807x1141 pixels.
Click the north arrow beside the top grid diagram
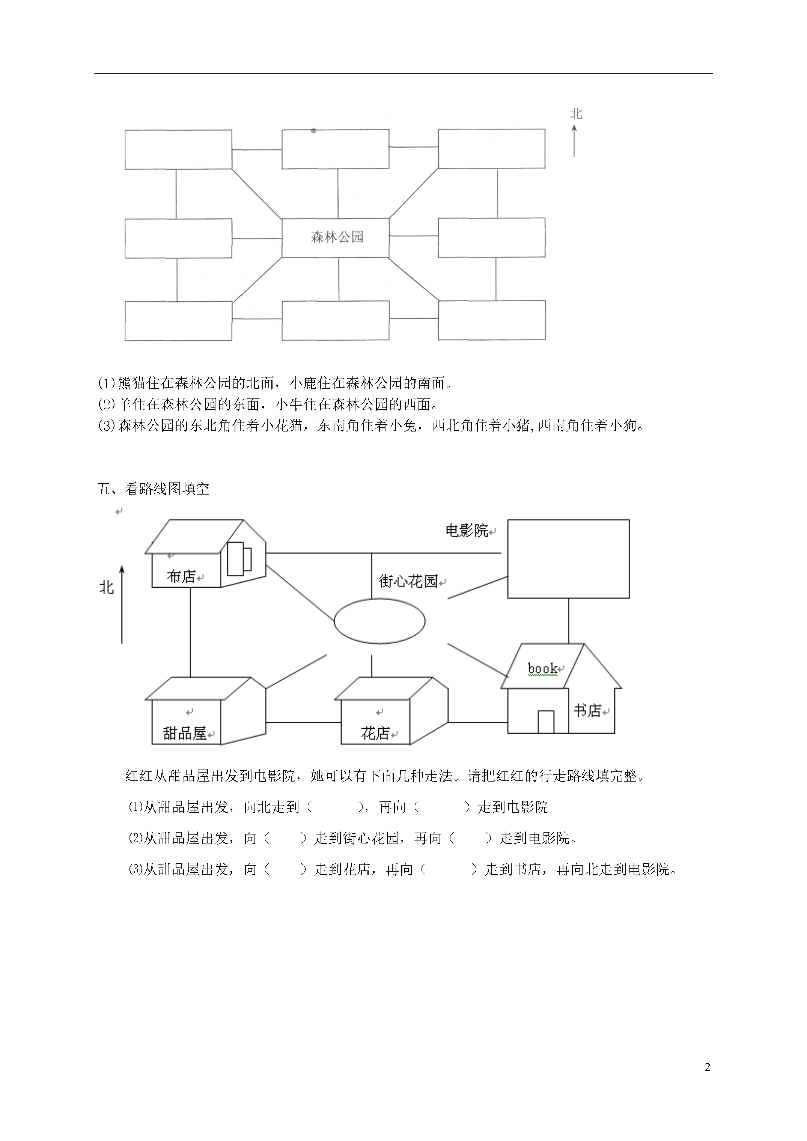pos(574,141)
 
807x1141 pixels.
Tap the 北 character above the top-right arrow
pos(576,114)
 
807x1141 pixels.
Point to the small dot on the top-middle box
pos(313,131)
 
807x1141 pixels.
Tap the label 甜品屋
pos(184,733)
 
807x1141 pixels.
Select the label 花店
pos(375,733)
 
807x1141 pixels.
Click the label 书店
pos(587,711)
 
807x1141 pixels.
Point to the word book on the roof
pos(542,668)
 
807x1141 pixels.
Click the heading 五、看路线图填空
pos(153,489)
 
